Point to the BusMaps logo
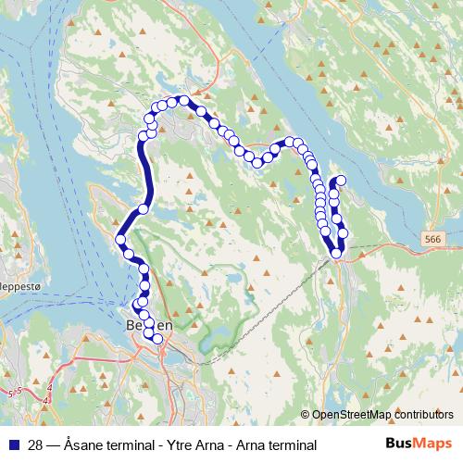418,444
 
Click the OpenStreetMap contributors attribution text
382,415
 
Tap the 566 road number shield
432,239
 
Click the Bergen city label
148,326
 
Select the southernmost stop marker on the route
157,339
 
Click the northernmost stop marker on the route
184,100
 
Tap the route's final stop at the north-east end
341,181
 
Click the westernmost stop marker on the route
119,241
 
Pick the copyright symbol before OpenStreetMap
306,415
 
